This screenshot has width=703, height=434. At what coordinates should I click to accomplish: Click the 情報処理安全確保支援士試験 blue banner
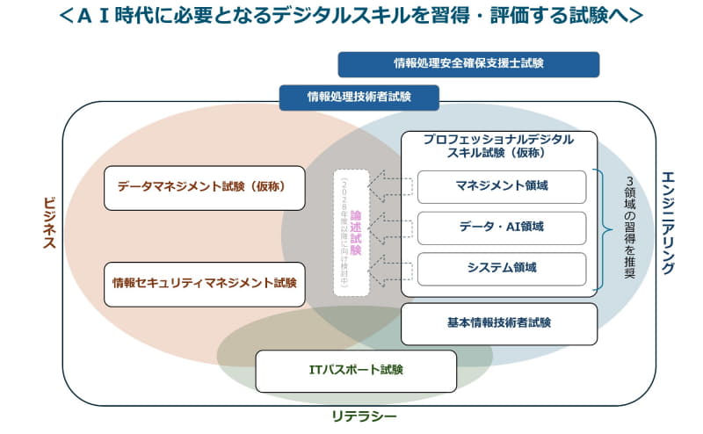(468, 64)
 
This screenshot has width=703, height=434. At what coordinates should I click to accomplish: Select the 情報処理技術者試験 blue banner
(359, 97)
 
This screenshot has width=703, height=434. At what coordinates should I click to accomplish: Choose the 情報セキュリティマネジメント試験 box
(205, 284)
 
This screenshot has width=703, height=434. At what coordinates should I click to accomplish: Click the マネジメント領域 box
(501, 186)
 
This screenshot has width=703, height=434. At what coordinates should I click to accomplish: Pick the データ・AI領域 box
(501, 228)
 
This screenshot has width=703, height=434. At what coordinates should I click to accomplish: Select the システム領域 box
(501, 268)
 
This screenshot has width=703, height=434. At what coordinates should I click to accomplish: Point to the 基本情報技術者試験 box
(499, 323)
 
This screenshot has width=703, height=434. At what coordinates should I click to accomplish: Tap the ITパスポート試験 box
(356, 371)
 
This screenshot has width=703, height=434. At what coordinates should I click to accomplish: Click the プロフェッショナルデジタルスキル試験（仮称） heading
(498, 146)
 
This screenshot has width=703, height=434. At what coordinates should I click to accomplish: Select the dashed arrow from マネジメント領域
(390, 186)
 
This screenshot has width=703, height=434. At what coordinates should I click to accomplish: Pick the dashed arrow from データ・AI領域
(390, 228)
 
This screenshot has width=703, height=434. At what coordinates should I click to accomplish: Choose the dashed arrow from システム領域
(390, 268)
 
